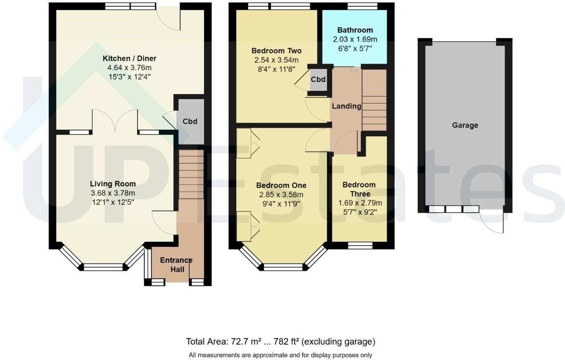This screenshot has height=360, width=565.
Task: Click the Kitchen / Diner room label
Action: (x=129, y=58)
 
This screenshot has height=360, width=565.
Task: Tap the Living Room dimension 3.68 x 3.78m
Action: (x=113, y=193)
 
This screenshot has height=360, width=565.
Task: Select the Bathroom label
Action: (x=355, y=30)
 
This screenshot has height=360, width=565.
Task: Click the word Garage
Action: (x=465, y=125)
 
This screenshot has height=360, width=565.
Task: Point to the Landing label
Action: (x=346, y=106)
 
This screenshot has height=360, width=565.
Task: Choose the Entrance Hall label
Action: (x=176, y=265)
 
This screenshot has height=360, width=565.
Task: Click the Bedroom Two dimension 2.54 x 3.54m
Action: (x=276, y=60)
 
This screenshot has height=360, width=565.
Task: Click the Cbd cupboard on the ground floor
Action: (x=190, y=121)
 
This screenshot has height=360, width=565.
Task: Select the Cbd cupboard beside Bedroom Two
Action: (x=318, y=79)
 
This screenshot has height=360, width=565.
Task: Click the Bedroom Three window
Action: (x=359, y=246)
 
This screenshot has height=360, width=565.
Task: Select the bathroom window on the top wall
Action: (x=362, y=6)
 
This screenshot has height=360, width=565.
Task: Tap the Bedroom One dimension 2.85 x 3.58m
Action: (x=281, y=195)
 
